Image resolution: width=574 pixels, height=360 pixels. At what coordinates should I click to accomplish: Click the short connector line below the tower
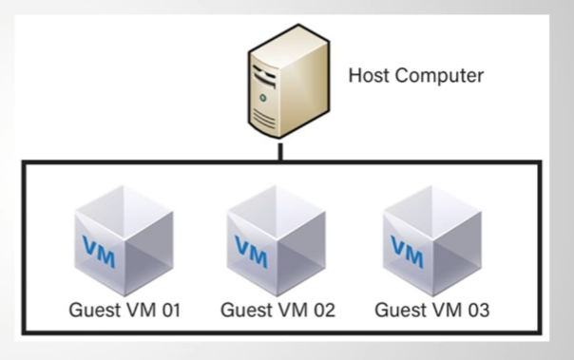281,153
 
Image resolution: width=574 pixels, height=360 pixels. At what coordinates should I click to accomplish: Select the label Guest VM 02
277,310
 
